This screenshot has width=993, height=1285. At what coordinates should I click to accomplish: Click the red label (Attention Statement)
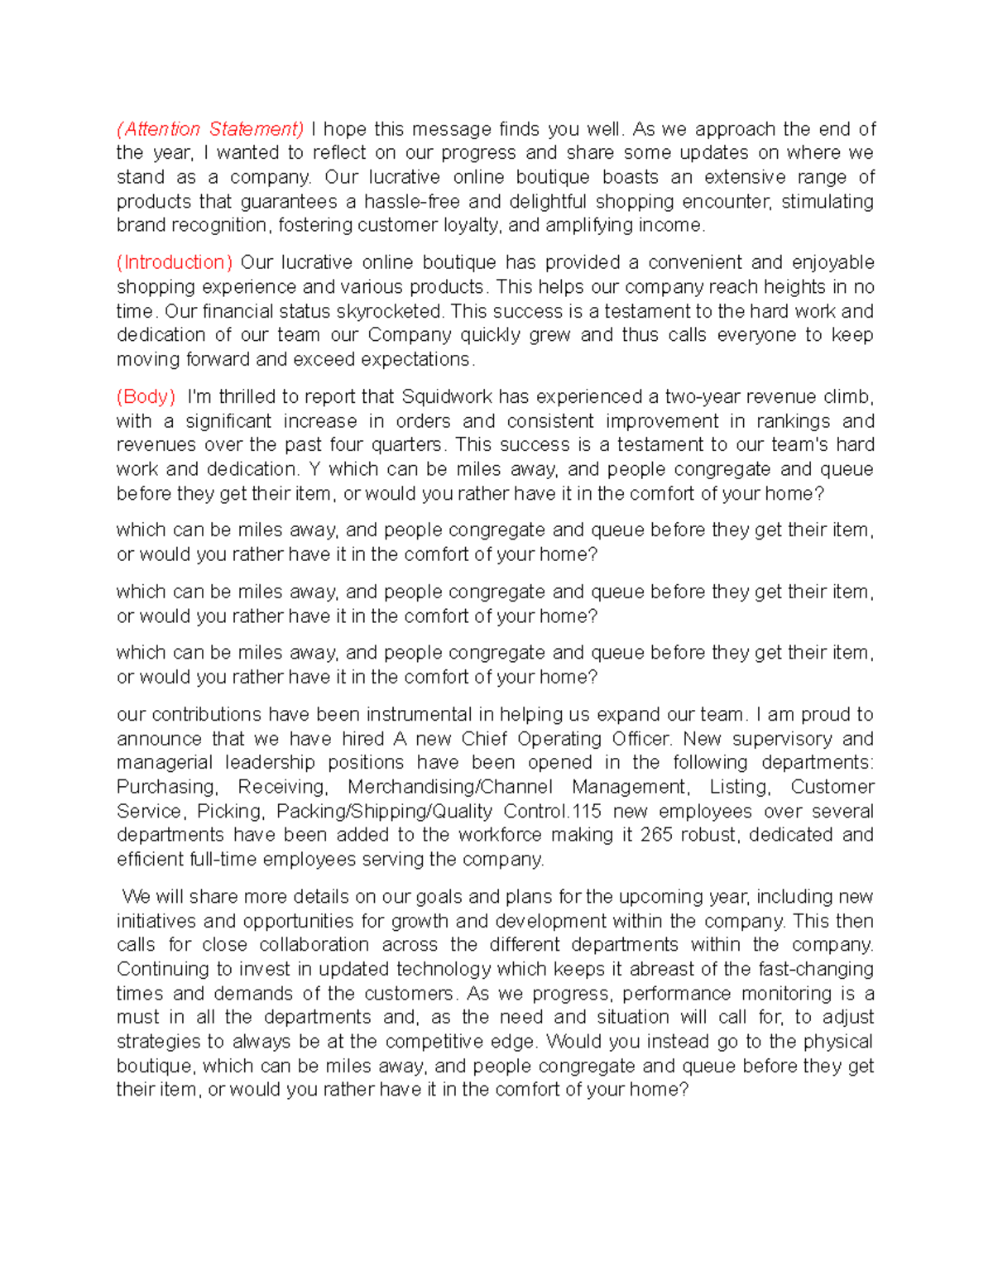pos(210,129)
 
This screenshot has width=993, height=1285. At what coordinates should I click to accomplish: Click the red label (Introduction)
pos(175,262)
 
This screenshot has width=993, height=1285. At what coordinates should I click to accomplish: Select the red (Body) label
pos(146,396)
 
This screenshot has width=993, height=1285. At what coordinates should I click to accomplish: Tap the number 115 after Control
pos(586,811)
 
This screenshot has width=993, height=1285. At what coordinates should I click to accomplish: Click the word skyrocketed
pos(389,311)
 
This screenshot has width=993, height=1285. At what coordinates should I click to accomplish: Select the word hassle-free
pos(411,201)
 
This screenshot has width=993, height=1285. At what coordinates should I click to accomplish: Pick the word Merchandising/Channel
pos(450,787)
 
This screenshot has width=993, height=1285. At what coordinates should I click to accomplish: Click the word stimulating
pos(827,201)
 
